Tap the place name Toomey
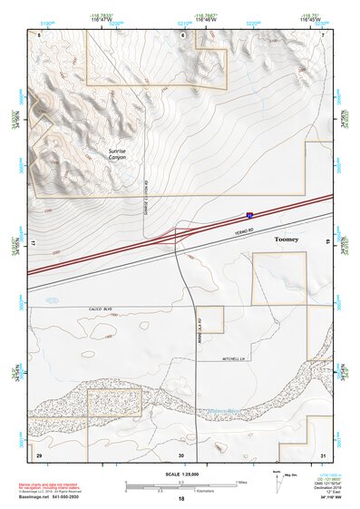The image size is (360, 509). click(286, 239)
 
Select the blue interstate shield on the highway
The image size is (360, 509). click(249, 216)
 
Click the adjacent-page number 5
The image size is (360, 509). click(39, 34)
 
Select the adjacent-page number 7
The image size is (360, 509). click(322, 34)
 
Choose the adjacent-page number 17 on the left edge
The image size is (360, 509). click(33, 245)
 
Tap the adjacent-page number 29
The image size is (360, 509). click(38, 454)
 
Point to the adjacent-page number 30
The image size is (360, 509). click(181, 455)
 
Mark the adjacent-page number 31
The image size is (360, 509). click(322, 454)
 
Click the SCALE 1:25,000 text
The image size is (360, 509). click(180, 475)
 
